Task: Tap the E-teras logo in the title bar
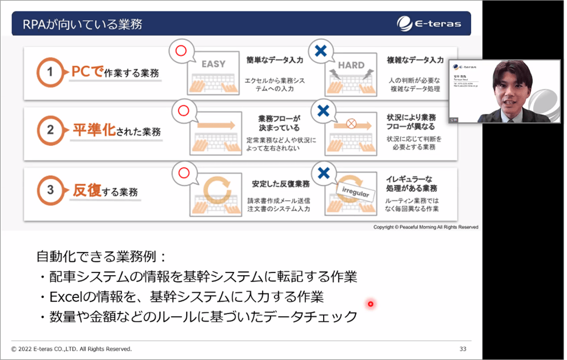(x=429, y=24)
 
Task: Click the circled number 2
(x=50, y=131)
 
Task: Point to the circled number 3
(x=50, y=190)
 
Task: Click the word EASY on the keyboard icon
(x=213, y=64)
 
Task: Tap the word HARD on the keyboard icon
(x=351, y=65)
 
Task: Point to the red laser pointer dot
(x=370, y=303)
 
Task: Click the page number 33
(x=463, y=349)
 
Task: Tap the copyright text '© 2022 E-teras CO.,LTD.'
(x=71, y=349)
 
